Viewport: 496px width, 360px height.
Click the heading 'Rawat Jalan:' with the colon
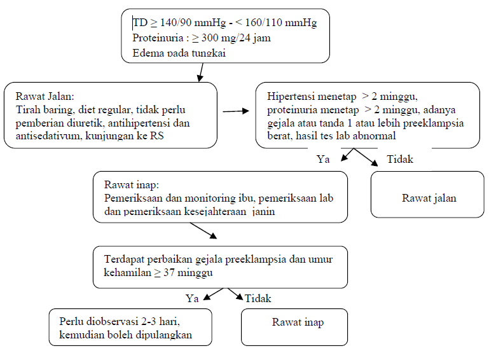coord(45,97)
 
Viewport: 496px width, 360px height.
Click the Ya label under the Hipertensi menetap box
coord(323,160)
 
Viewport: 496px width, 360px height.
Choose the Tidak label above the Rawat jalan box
coord(399,160)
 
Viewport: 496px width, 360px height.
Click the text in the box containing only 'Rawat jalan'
coord(429,198)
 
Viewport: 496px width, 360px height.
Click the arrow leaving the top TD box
coord(202,73)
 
